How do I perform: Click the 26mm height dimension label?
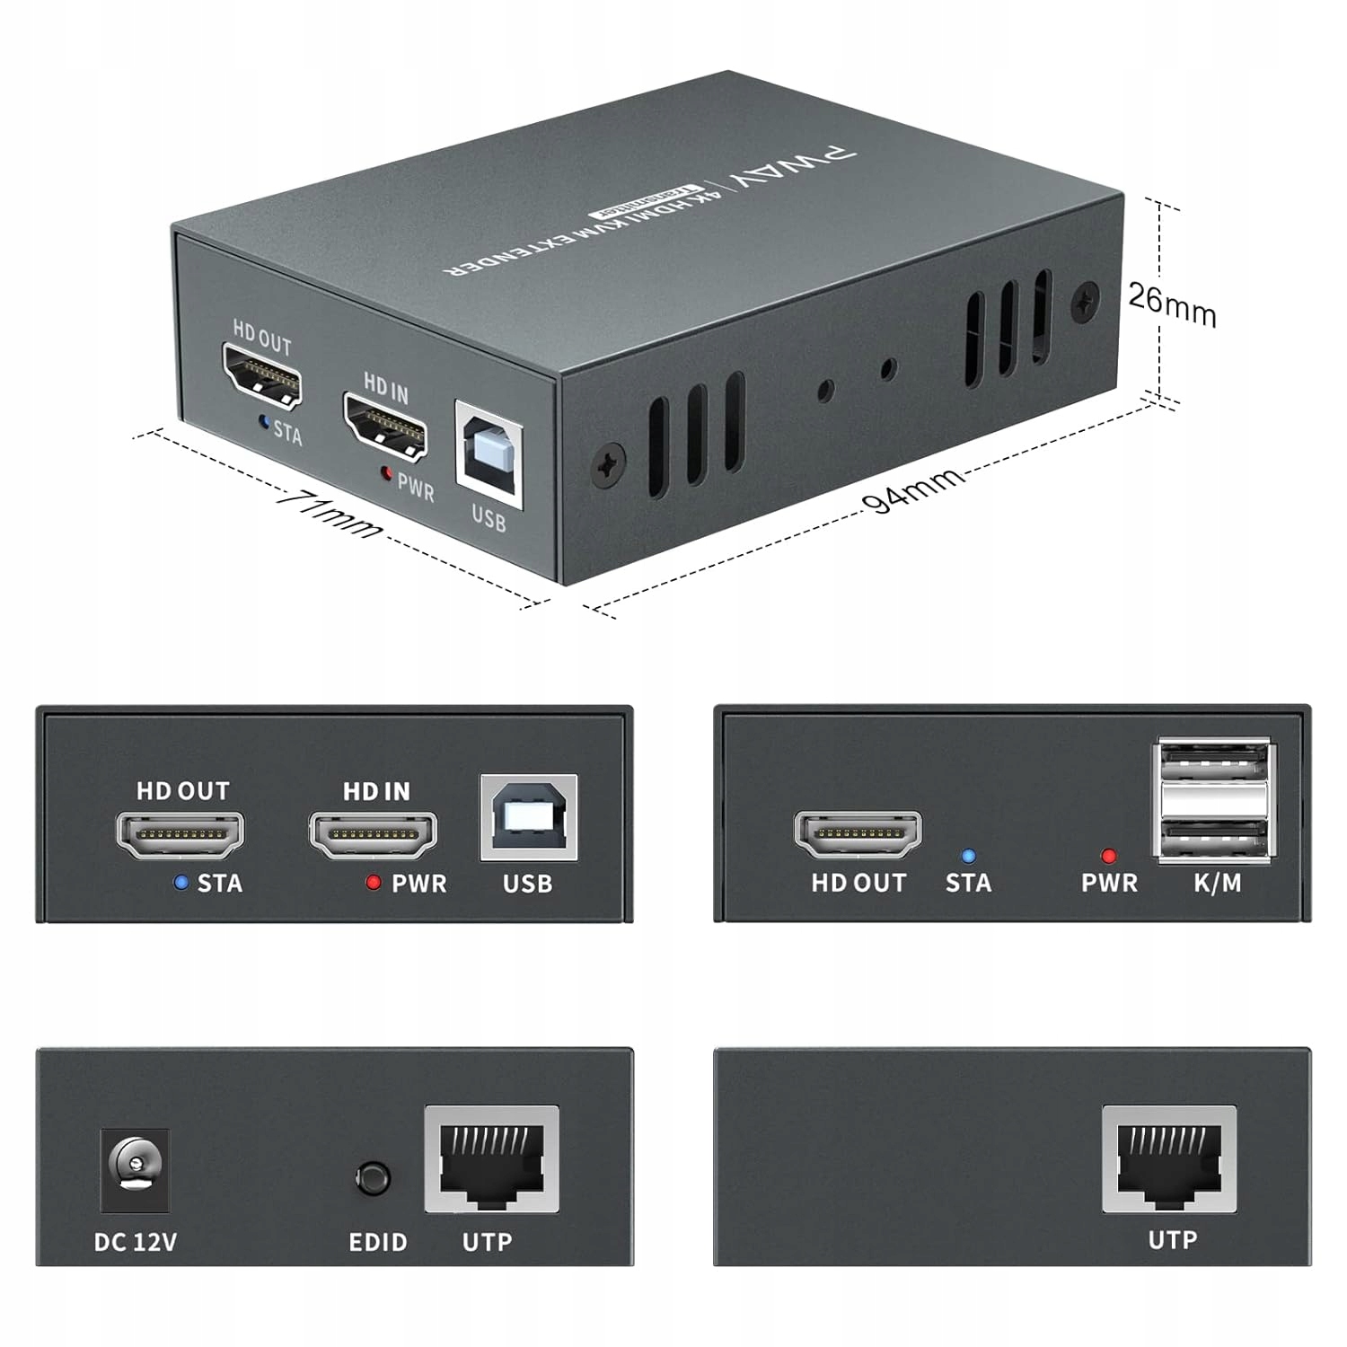pyautogui.click(x=1172, y=305)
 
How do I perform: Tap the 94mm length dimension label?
pyautogui.click(x=915, y=491)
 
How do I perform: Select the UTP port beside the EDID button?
pyautogui.click(x=491, y=1161)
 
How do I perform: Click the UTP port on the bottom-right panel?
pyautogui.click(x=1169, y=1161)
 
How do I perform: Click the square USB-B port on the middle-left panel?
pyautogui.click(x=529, y=817)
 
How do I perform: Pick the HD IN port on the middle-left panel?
pyautogui.click(x=374, y=834)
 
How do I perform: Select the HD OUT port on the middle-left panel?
pyautogui.click(x=180, y=834)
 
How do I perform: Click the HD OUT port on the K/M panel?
pyautogui.click(x=858, y=834)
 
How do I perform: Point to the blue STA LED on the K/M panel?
pyautogui.click(x=968, y=857)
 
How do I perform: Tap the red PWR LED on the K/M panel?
pyautogui.click(x=1109, y=857)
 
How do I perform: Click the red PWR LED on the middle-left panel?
pyautogui.click(x=374, y=883)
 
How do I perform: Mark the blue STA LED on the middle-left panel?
pyautogui.click(x=181, y=883)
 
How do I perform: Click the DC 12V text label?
pyautogui.click(x=136, y=1242)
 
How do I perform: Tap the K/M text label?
pyautogui.click(x=1218, y=883)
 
